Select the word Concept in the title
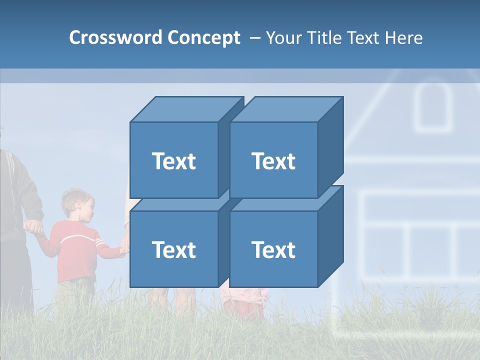point(203,37)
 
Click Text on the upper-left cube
point(174,161)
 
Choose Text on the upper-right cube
point(273,161)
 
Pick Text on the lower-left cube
point(174,249)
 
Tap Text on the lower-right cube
point(273,249)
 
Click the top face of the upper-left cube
point(186,109)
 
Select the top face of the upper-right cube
point(286,109)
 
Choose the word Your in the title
point(283,37)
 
